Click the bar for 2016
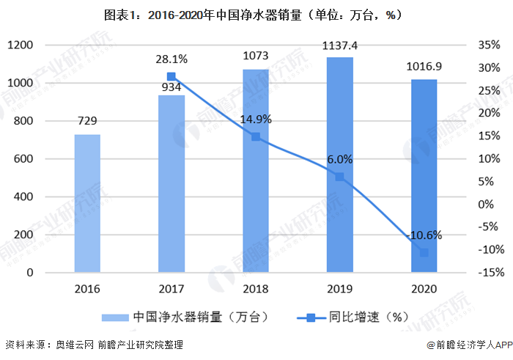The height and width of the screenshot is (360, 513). click(x=87, y=203)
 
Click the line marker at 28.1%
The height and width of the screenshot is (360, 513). click(x=171, y=76)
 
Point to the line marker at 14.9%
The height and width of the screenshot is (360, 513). click(x=256, y=136)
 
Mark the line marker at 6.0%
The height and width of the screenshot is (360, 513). click(x=339, y=177)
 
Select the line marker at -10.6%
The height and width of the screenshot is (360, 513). click(x=424, y=252)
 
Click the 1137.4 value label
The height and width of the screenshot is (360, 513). click(x=339, y=45)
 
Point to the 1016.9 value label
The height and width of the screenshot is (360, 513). click(x=424, y=67)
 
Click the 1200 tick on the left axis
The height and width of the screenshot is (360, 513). click(x=21, y=45)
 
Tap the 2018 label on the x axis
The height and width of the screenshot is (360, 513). click(x=256, y=289)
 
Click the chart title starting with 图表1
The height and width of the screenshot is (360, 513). click(x=256, y=14)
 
